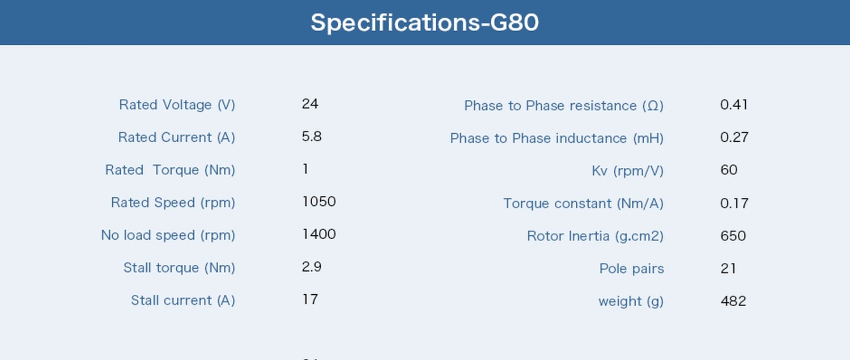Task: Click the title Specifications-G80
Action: click(x=424, y=23)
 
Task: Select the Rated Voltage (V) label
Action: click(x=177, y=105)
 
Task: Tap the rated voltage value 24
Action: click(x=310, y=104)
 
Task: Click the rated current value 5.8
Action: click(x=312, y=136)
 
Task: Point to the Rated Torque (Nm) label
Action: click(x=170, y=170)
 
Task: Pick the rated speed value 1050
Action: click(x=318, y=202)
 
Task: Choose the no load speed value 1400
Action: click(x=318, y=234)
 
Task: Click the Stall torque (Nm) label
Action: click(x=179, y=268)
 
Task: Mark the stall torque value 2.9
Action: click(x=312, y=267)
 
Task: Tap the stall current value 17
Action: click(x=310, y=299)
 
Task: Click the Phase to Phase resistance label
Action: click(x=564, y=105)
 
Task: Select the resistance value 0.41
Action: click(x=734, y=104)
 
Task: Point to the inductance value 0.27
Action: click(x=734, y=137)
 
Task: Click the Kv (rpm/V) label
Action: click(x=628, y=171)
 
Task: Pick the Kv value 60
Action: click(x=729, y=170)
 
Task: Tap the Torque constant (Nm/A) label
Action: click(x=584, y=204)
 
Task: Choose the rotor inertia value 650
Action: click(x=733, y=236)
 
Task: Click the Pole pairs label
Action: click(x=632, y=269)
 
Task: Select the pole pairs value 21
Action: click(x=728, y=269)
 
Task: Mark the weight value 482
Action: click(x=733, y=301)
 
